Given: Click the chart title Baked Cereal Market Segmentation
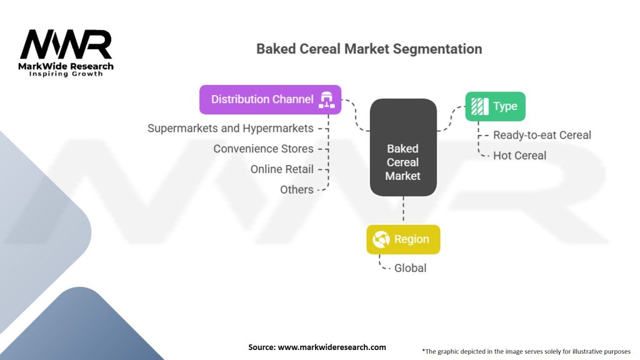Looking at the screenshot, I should [x=369, y=49].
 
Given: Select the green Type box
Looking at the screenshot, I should [x=495, y=106].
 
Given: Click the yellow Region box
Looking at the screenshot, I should [x=403, y=239].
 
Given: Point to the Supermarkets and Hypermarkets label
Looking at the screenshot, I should [x=230, y=128].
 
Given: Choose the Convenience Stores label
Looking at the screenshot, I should [x=263, y=149].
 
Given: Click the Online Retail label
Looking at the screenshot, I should [x=282, y=169].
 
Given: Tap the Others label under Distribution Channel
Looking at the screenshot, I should [x=296, y=189].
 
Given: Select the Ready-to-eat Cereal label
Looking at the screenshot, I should [x=542, y=135].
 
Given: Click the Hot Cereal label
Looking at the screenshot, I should [x=519, y=156].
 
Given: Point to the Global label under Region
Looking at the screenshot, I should [x=410, y=268].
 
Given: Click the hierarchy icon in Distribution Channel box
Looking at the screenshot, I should [x=326, y=99].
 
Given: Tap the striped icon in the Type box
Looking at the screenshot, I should [x=479, y=106].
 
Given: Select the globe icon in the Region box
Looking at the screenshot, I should [x=381, y=239].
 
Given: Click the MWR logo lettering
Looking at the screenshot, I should [x=66, y=45].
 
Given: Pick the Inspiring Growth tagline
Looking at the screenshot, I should [x=66, y=74].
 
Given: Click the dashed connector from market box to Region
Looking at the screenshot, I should [x=403, y=210].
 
